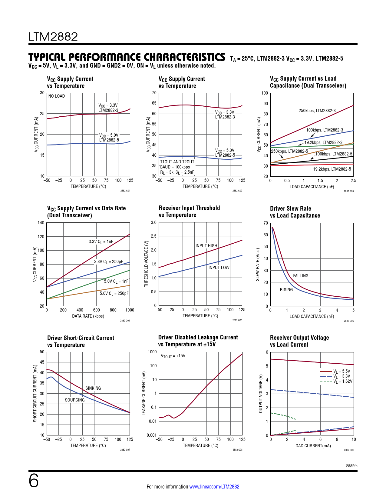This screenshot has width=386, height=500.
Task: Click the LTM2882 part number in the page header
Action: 53,37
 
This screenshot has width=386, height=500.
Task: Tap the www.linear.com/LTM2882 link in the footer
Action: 214,487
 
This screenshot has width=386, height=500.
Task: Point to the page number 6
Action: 34,481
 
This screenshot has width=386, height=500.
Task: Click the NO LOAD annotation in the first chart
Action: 57,96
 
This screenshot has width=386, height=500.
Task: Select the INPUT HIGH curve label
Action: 206,246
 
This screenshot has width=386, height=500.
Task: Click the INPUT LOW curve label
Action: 219,268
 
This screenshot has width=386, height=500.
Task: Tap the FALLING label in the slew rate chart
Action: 301,276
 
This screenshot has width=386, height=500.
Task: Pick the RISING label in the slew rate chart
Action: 286,290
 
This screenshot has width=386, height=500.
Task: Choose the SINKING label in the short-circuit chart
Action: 93,388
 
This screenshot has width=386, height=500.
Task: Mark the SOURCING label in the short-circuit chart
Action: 75,400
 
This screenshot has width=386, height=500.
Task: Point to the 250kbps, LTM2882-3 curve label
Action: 317,111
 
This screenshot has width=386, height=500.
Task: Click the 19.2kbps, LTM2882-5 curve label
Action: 332,169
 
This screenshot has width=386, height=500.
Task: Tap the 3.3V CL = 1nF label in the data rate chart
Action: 101,242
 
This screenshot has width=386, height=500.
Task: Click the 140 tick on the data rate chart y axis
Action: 41,223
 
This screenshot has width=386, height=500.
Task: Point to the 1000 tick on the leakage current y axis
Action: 152,352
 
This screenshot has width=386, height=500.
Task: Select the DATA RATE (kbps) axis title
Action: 88,316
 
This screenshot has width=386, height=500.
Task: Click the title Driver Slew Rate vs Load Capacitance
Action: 295,212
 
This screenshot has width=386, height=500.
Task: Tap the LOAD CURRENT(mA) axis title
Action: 312,446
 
